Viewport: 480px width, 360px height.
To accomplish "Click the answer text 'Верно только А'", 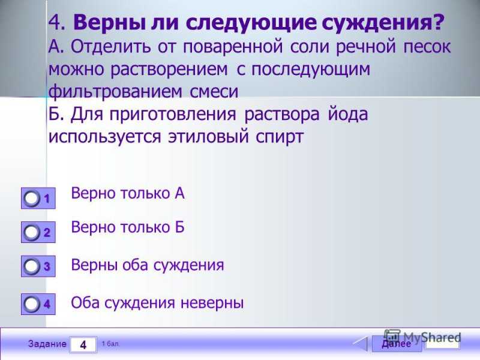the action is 128,193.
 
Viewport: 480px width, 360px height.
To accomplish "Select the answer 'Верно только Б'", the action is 128,227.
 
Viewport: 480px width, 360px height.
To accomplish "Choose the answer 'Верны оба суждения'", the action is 148,265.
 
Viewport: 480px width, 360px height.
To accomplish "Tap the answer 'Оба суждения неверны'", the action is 157,303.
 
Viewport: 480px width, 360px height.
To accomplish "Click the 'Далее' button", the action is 397,344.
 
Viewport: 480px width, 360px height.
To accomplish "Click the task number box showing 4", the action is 83,344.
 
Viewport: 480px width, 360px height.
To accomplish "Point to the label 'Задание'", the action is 47,344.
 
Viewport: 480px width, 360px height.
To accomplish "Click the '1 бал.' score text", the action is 110,344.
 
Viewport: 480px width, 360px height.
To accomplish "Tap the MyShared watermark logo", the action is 422,337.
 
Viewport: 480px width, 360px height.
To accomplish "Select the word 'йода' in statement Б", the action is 348,115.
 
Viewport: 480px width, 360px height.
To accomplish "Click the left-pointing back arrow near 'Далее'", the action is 360,344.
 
